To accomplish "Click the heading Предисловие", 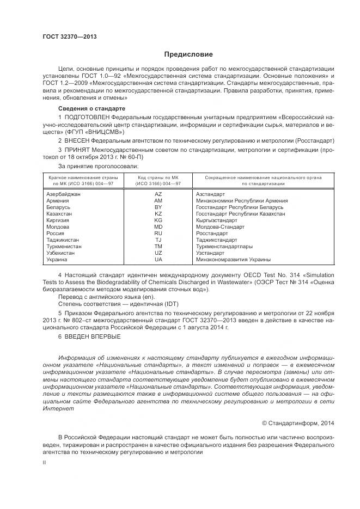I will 188,54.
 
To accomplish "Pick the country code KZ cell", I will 158,214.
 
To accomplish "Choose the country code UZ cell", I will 158,253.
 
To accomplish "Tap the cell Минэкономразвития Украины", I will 233,260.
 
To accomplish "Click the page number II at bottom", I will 45,462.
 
